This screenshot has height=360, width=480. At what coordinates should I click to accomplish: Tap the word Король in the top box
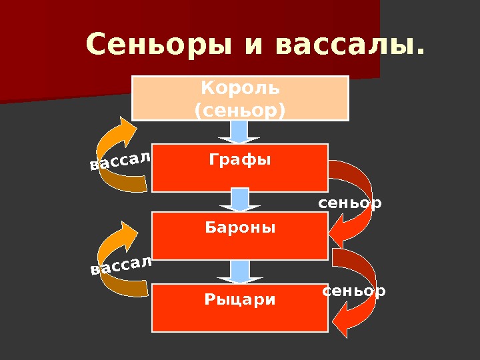click(241, 87)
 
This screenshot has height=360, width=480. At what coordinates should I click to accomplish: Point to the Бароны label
click(240, 228)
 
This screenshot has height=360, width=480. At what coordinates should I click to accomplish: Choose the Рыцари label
click(240, 299)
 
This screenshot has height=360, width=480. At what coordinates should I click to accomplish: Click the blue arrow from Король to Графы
click(240, 132)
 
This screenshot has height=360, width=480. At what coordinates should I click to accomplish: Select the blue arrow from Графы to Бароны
click(240, 201)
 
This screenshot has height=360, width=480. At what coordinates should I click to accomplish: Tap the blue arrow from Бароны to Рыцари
click(240, 271)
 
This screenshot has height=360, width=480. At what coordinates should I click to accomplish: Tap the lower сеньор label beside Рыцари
click(354, 291)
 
